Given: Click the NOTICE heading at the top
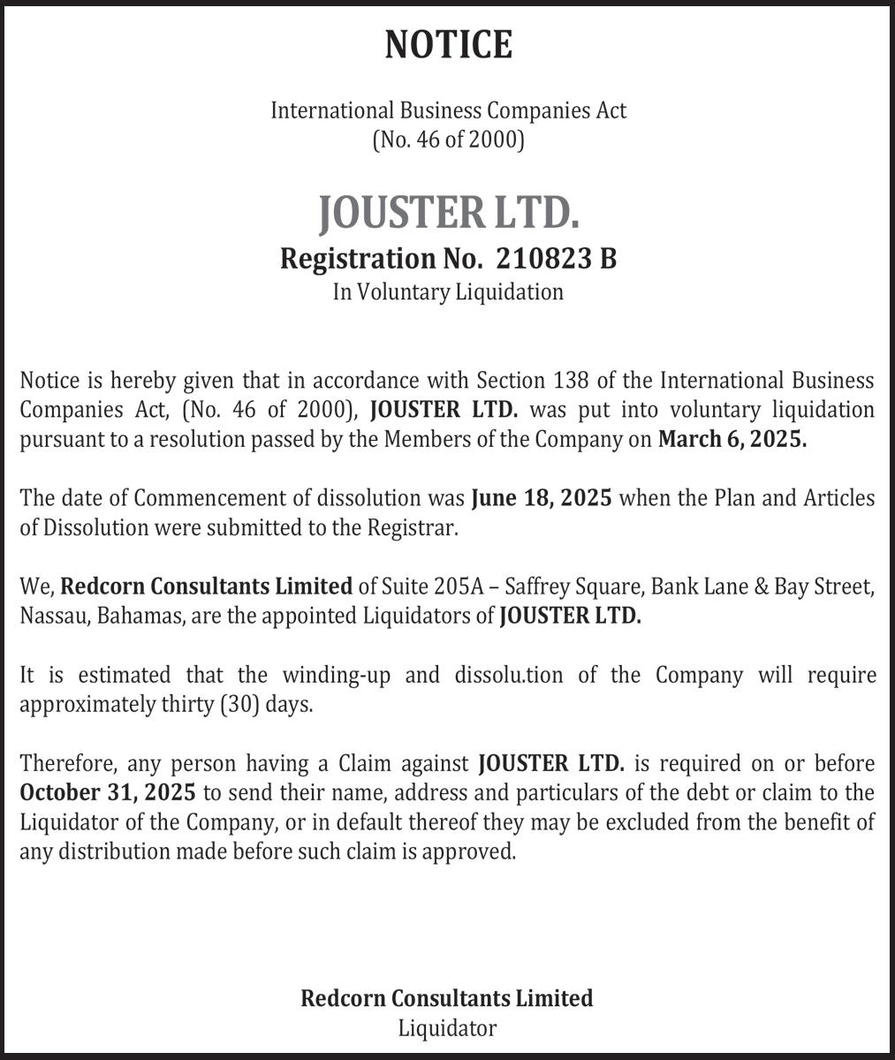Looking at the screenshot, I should (448, 44).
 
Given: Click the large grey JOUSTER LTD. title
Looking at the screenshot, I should (448, 212).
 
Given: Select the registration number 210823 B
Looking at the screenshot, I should (556, 259).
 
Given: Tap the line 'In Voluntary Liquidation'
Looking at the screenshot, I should (448, 291).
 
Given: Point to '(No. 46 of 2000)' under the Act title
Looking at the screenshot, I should (448, 140).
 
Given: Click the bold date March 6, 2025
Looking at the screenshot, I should (732, 439).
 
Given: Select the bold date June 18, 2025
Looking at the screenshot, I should (542, 497).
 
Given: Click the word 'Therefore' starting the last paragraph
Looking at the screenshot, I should (67, 762).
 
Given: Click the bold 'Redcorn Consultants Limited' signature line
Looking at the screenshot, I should (447, 998).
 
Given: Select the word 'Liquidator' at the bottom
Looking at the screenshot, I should (447, 1028).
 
